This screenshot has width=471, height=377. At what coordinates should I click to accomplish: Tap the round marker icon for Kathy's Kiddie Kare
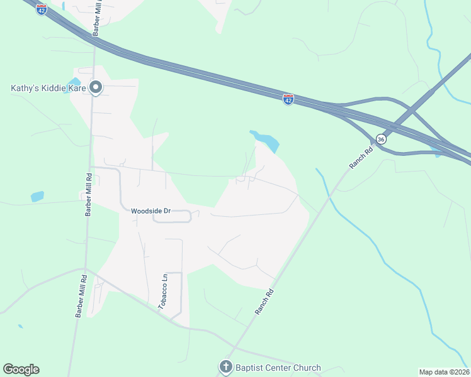(96, 87)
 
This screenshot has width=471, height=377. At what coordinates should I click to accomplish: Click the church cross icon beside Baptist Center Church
(226, 367)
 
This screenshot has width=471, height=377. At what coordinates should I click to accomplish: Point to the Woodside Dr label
(151, 211)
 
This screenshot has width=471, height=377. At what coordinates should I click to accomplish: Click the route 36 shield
(380, 139)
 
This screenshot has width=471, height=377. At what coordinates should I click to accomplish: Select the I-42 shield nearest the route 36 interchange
(288, 99)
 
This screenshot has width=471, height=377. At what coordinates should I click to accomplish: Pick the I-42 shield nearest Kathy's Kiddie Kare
(41, 9)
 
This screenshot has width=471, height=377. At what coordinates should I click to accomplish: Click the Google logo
(21, 369)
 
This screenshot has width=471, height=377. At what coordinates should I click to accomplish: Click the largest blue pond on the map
(266, 141)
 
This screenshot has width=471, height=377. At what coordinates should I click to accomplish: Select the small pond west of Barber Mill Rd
(37, 197)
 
